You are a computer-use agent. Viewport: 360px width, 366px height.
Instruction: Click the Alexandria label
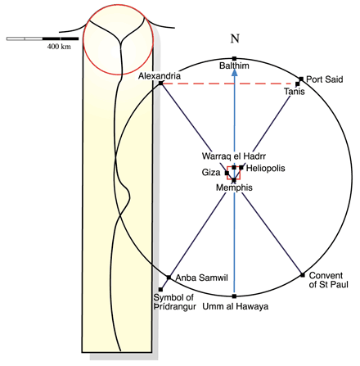160,75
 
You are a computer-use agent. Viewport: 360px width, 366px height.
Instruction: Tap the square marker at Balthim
234,58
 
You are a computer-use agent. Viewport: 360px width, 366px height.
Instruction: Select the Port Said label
325,79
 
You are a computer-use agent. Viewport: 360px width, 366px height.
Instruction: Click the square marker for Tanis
298,84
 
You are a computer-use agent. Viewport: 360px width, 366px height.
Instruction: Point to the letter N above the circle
235,38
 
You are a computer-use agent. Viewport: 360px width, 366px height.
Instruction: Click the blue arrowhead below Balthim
234,72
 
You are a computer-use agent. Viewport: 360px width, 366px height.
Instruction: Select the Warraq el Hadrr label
234,156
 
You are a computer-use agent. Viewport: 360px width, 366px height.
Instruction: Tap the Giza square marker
227,173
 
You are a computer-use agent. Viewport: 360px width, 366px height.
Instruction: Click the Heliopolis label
265,168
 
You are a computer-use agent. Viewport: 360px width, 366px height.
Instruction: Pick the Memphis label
234,188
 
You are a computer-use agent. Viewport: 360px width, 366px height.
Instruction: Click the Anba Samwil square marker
169,278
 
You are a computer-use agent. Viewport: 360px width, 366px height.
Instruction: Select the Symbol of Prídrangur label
174,302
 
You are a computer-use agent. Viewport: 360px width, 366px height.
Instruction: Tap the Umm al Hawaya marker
234,296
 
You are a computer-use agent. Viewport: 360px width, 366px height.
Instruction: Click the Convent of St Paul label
329,280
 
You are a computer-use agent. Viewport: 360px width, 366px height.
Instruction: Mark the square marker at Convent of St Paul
303,275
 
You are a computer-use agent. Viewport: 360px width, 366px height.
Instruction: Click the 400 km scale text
59,47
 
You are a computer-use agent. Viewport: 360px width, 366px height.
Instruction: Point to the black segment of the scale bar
61,38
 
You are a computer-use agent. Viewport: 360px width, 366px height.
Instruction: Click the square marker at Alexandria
161,83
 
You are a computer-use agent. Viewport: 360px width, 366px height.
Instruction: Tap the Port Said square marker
301,79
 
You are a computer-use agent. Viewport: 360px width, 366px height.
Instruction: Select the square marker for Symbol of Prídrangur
160,290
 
